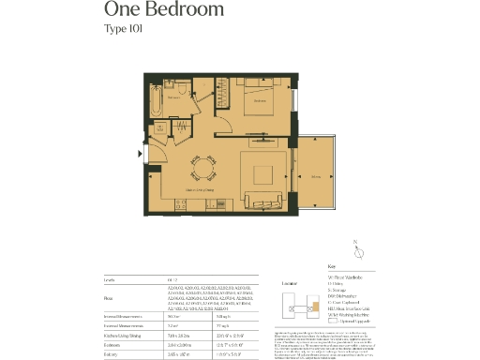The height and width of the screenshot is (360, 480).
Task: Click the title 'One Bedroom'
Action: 164,10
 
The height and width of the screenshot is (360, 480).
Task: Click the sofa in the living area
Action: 262,199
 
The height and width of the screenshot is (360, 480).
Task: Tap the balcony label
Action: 315,176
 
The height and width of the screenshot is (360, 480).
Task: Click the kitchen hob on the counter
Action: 221,203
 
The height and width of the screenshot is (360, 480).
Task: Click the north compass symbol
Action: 358,252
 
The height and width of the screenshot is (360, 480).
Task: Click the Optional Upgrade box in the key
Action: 337,321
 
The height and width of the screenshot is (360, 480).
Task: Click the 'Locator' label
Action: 291,281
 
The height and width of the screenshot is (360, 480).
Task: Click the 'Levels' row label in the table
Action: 110,279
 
